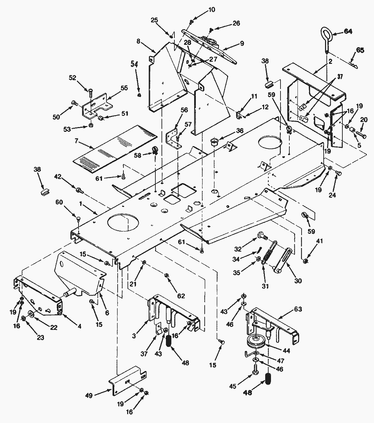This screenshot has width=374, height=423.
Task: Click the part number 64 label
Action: pyautogui.click(x=348, y=31)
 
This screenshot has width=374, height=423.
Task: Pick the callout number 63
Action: pyautogui.click(x=298, y=309)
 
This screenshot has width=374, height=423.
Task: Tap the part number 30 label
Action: pyautogui.click(x=298, y=281)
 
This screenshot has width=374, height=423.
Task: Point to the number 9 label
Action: pyautogui.click(x=242, y=43)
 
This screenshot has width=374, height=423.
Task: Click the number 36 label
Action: pyautogui.click(x=240, y=130)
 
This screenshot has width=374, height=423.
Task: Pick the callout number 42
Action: pyautogui.click(x=58, y=176)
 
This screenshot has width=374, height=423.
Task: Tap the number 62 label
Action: pyautogui.click(x=181, y=296)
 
